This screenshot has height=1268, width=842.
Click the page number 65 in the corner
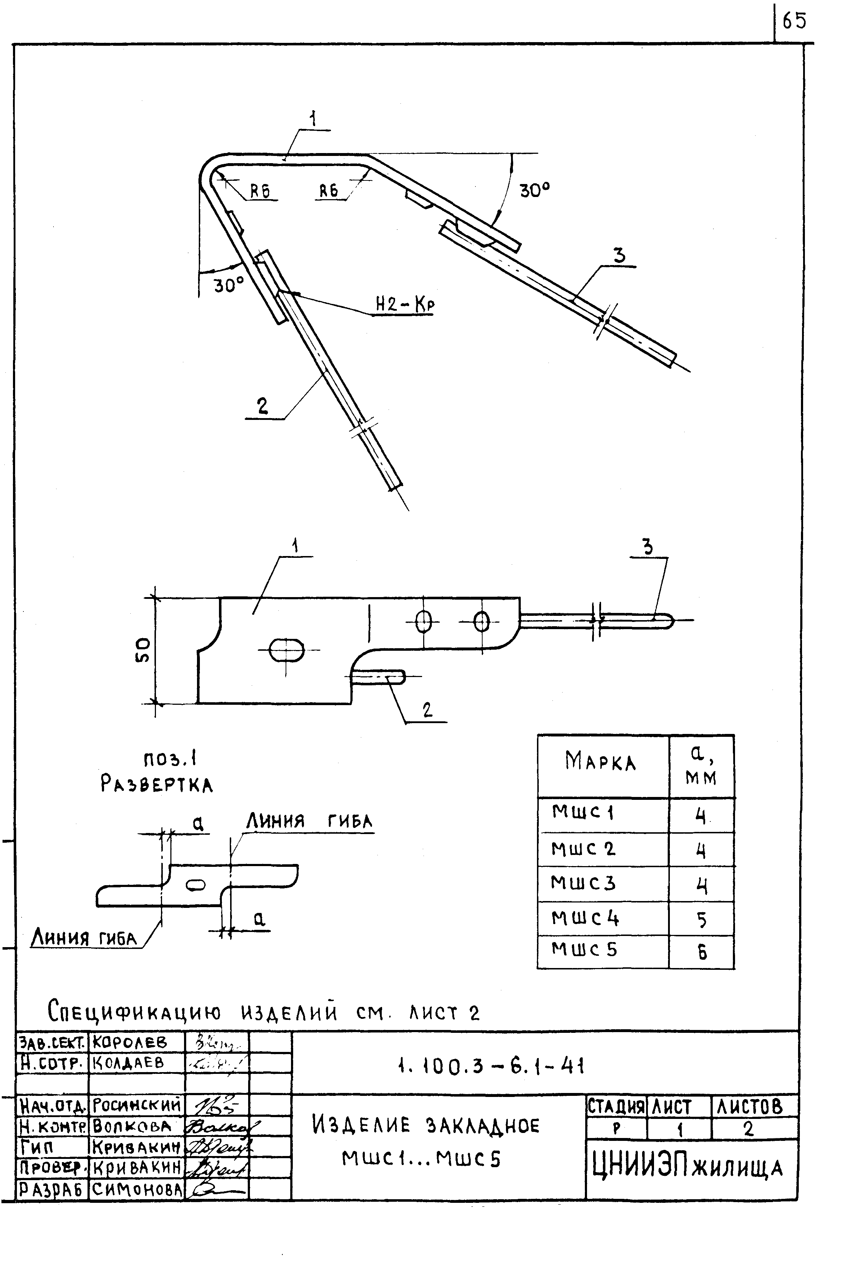tap(794, 22)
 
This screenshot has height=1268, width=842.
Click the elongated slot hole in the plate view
tap(286, 650)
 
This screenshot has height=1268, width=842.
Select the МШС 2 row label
tap(583, 849)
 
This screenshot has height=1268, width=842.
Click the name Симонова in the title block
tap(136, 1190)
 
